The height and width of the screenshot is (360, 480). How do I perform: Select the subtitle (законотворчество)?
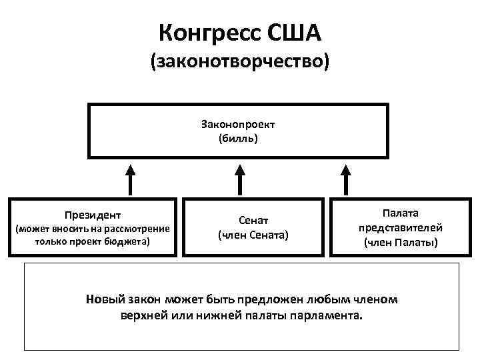click(240, 63)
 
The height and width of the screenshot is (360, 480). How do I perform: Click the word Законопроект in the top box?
click(238, 125)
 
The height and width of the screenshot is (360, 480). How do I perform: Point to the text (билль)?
click(238, 139)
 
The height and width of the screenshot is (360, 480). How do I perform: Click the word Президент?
click(93, 215)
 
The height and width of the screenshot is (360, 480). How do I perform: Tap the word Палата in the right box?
click(401, 213)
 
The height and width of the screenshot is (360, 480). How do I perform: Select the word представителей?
click(401, 227)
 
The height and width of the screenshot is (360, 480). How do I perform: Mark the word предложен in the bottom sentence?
click(277, 299)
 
